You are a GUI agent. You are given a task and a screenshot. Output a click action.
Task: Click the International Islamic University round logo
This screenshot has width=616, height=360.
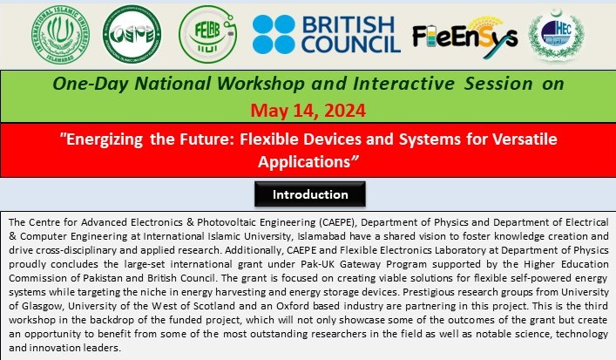pos(60,35)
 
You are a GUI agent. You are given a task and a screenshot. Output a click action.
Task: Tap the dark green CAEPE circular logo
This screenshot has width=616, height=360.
pos(132,34)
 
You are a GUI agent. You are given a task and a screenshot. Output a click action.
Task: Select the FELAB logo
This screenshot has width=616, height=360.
pos(207,34)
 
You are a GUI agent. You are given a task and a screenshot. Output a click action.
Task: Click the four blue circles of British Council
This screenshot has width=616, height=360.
pos(274,35)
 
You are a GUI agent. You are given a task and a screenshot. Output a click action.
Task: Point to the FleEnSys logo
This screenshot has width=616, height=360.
pos(465,37)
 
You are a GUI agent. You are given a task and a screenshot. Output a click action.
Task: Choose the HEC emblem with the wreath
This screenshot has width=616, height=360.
pos(556,35)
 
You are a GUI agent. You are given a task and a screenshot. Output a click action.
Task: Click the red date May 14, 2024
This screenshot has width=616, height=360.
pos(308,111)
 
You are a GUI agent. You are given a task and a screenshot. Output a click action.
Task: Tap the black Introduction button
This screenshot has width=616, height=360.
pos(310,194)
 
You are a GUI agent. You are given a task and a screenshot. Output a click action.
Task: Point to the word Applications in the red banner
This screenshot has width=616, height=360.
pos(304,162)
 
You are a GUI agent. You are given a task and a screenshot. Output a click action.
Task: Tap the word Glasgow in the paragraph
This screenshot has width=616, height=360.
pos(43,306)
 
